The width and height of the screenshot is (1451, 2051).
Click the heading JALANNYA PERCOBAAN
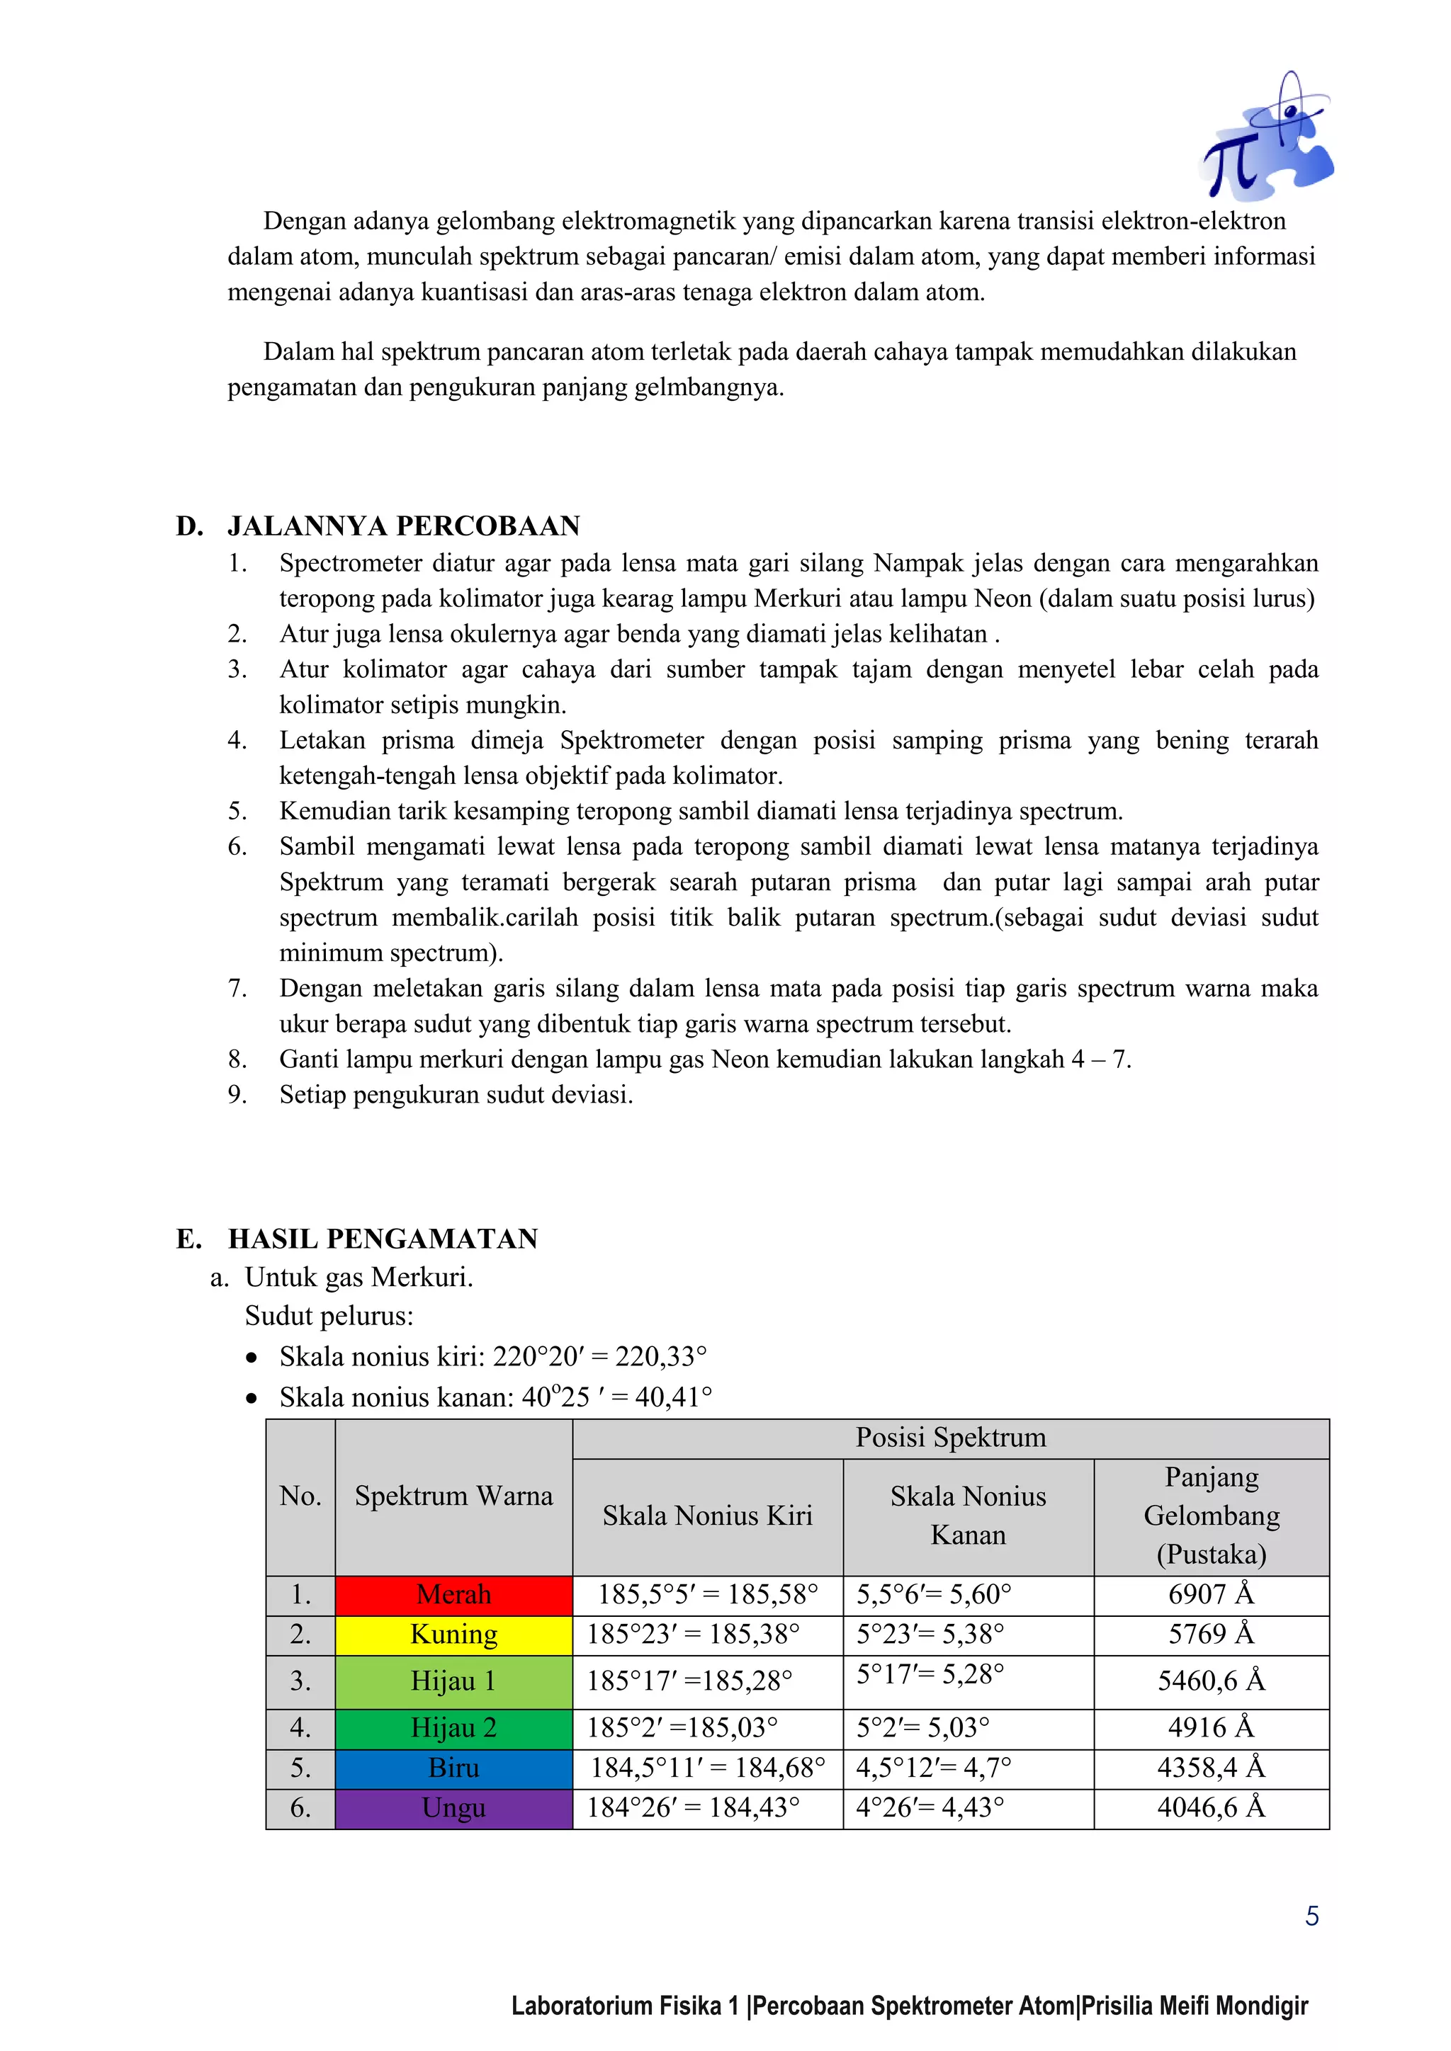(404, 525)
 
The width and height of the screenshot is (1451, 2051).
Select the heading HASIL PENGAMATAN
(383, 1239)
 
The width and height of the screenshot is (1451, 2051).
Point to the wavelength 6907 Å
(1211, 1594)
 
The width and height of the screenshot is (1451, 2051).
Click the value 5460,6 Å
(1211, 1681)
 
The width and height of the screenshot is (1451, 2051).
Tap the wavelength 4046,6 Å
(1211, 1808)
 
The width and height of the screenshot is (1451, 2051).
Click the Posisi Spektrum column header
(950, 1437)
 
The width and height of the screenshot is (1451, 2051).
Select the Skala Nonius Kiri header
(707, 1516)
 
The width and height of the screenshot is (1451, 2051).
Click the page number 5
(1311, 1916)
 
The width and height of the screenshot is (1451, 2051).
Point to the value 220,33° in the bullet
(660, 1357)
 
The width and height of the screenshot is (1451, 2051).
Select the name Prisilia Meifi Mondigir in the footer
(1195, 2006)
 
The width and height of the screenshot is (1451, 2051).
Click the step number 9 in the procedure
(237, 1094)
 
